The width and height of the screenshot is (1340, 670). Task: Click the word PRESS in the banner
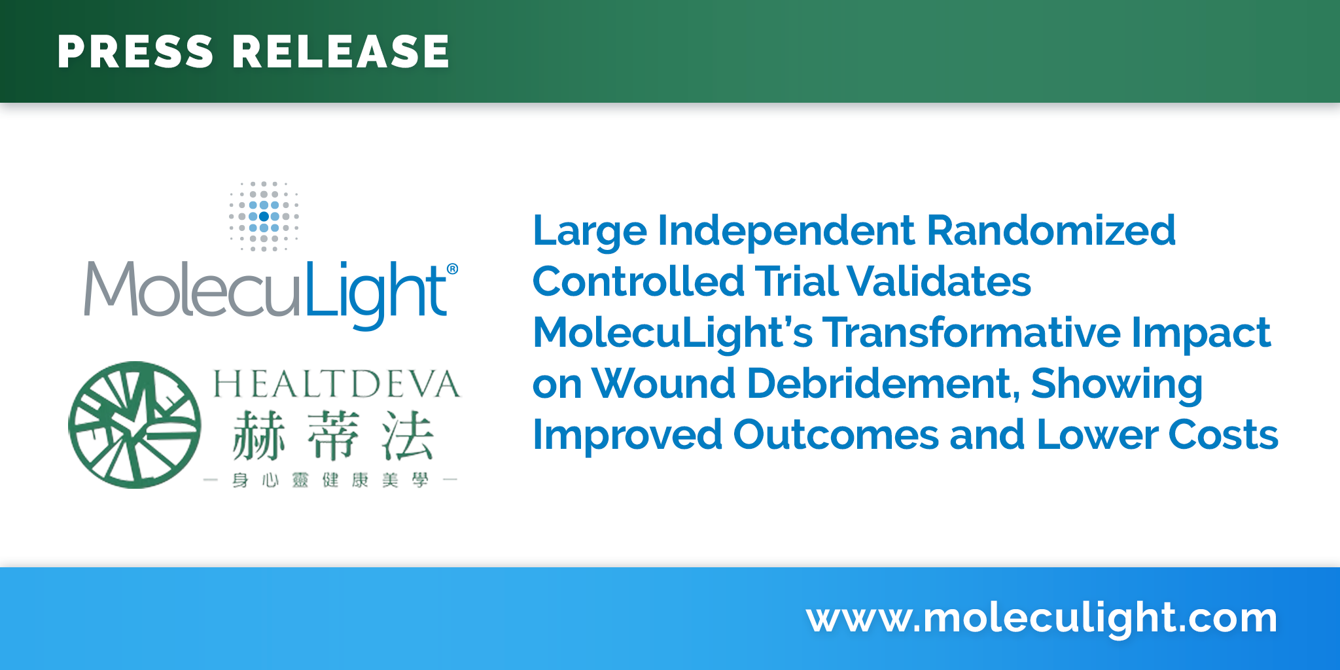(x=135, y=52)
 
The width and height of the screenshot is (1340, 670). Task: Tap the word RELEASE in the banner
(x=341, y=52)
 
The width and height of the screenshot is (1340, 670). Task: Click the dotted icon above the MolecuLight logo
(x=264, y=217)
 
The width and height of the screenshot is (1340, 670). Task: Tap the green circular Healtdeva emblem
(x=135, y=425)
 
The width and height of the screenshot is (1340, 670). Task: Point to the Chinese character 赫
(x=259, y=436)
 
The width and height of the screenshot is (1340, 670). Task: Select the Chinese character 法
(x=408, y=436)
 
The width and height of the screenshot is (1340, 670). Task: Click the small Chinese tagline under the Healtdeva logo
(x=330, y=481)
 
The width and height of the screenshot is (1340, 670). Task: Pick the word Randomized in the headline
(x=1051, y=230)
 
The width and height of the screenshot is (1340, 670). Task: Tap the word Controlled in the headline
(x=639, y=281)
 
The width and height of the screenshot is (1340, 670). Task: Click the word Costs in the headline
(x=1223, y=435)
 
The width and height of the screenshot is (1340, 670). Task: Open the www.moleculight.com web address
(x=1042, y=618)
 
